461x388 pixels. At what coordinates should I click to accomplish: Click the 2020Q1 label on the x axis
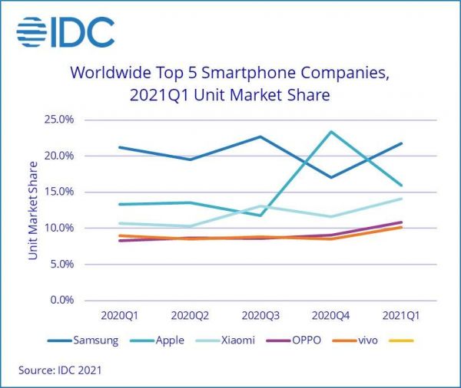click(121, 315)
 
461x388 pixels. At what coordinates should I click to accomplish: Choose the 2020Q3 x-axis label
click(260, 315)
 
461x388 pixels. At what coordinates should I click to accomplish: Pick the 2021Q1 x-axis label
click(401, 315)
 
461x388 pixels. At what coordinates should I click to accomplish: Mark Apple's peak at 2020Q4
click(331, 132)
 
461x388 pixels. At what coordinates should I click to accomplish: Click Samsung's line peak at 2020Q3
click(260, 136)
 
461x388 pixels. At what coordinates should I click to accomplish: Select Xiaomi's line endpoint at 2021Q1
click(401, 199)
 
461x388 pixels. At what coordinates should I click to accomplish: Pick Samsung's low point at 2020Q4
click(331, 177)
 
